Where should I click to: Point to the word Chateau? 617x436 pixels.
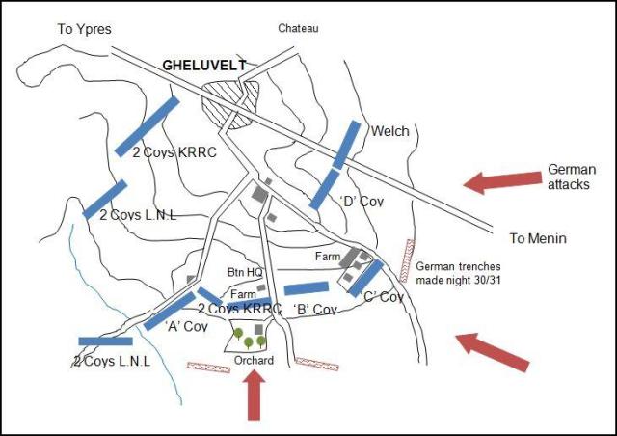click(298, 29)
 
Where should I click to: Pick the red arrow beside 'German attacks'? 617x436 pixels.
click(501, 180)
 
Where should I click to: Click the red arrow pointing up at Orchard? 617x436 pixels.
click(254, 395)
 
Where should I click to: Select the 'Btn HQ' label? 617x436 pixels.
click(246, 272)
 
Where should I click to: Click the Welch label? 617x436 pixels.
click(390, 131)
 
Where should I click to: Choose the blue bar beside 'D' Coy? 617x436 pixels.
click(324, 189)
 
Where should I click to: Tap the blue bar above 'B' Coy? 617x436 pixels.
click(307, 287)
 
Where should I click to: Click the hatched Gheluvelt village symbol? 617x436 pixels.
click(231, 100)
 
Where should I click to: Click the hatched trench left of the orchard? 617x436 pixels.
click(209, 367)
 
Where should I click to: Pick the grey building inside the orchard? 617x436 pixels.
click(257, 330)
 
